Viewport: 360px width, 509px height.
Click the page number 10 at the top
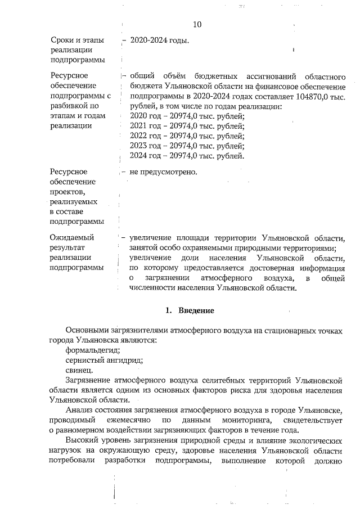pyautogui.click(x=197, y=24)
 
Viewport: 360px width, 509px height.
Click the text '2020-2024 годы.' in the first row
pyautogui.click(x=159, y=41)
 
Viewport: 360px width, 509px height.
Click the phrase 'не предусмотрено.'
pyautogui.click(x=163, y=172)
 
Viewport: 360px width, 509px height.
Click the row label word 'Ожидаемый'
pyautogui.click(x=72, y=237)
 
